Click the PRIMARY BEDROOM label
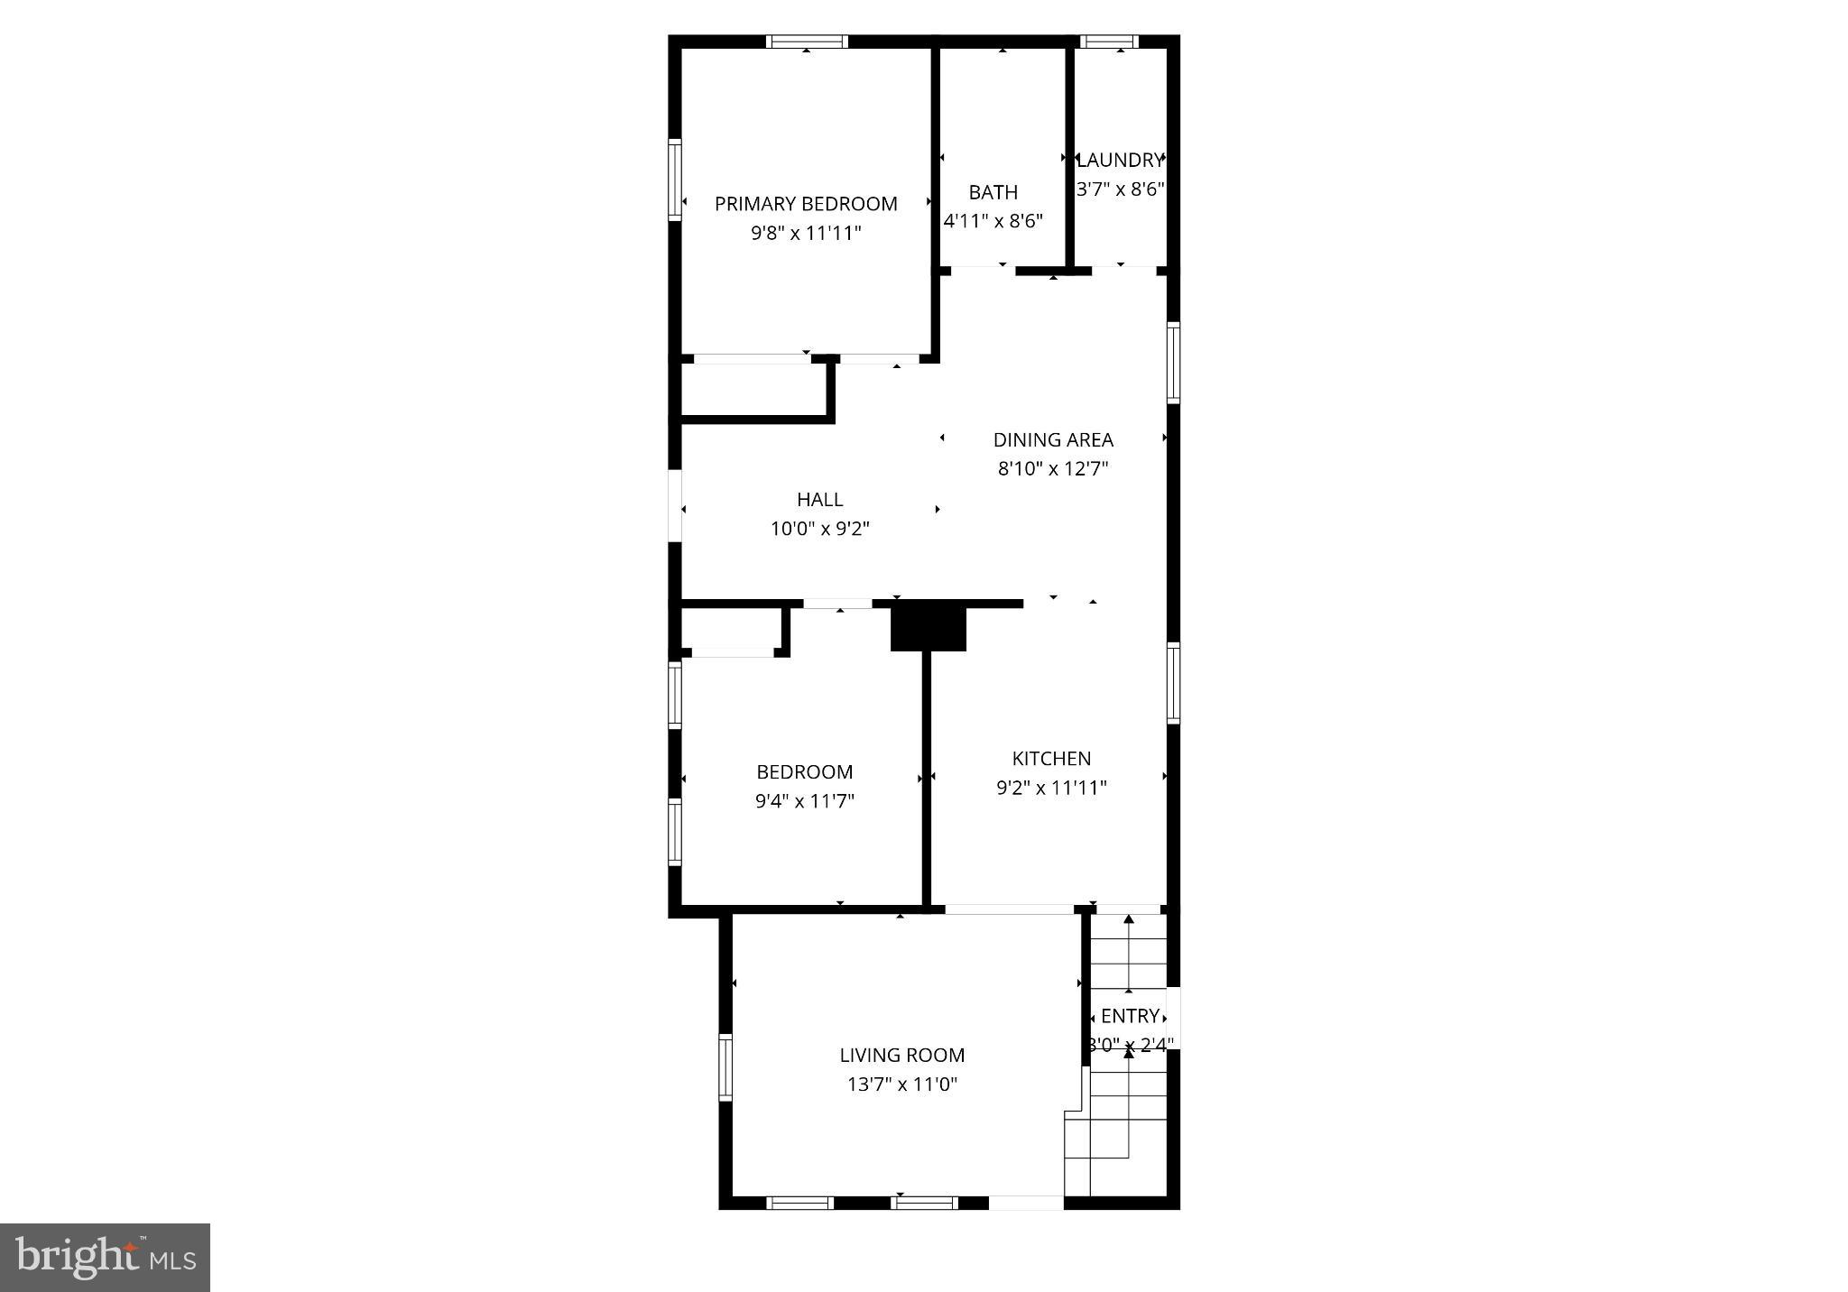[x=806, y=204]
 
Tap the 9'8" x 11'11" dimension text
[x=806, y=233]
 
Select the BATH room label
[x=993, y=192]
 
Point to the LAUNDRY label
[x=1120, y=161]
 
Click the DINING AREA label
[x=1053, y=439]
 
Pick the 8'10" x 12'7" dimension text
[x=1053, y=468]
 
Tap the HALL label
[x=819, y=499]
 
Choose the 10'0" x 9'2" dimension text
[x=819, y=529]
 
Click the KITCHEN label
[x=1051, y=758]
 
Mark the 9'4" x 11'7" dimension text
[x=805, y=801]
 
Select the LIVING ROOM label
[x=901, y=1055]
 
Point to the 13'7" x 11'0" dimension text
[x=901, y=1084]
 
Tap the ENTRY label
[x=1130, y=1016]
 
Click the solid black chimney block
[x=928, y=627]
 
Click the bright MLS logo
[x=105, y=1258]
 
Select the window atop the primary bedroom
[x=807, y=41]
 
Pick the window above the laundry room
[x=1109, y=41]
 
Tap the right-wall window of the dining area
[x=1173, y=362]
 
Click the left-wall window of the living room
[x=725, y=1067]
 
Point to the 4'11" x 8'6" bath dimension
[x=993, y=221]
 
